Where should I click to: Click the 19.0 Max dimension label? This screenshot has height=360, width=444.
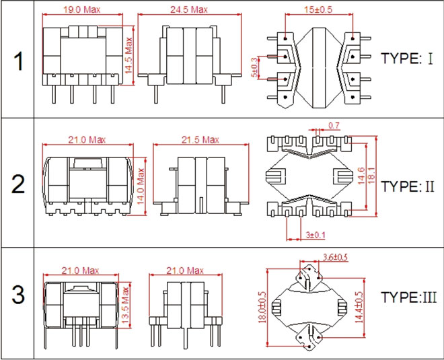coord(81,9)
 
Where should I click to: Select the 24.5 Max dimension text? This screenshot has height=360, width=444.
coord(189,9)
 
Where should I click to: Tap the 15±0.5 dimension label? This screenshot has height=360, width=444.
coord(318,9)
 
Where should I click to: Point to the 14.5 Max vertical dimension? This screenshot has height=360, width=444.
coord(129,56)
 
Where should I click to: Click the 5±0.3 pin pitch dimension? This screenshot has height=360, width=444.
coord(254,67)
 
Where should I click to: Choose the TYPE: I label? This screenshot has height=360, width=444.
coord(407,59)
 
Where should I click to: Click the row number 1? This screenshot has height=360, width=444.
coord(19,62)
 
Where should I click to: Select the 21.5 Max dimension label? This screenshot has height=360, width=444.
coord(200,140)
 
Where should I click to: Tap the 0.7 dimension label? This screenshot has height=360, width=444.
coord(334,125)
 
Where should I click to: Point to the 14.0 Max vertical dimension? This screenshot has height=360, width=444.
coord(141,186)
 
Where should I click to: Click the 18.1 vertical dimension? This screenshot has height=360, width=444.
coord(371,176)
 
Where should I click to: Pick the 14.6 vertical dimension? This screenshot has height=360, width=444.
coord(361,176)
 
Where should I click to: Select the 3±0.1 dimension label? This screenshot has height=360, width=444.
coord(316,235)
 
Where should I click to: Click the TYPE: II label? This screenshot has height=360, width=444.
coord(408,186)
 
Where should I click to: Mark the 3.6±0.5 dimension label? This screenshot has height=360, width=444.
coord(335,257)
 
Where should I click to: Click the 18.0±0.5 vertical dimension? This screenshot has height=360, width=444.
coord(262,308)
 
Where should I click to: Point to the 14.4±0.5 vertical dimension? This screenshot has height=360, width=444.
coord(359,308)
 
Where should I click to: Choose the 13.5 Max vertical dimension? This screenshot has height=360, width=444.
coord(125,305)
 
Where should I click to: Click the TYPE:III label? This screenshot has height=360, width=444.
coord(408,297)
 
